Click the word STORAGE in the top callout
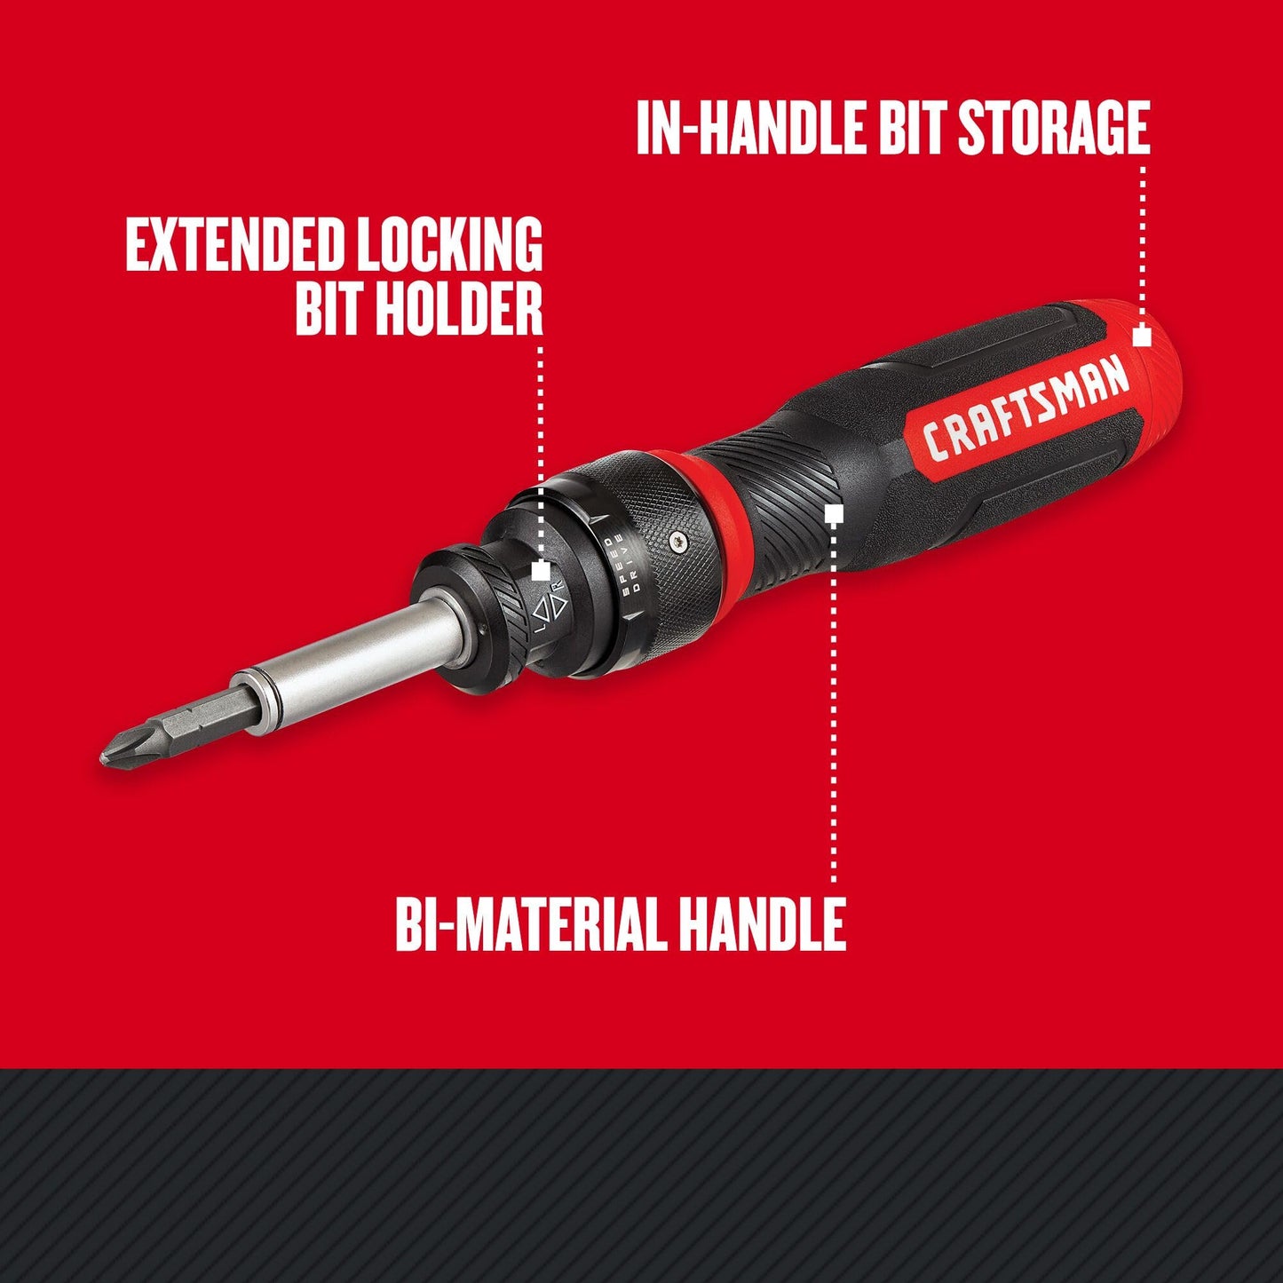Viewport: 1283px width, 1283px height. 1053,129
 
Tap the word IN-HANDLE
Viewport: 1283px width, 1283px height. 751,129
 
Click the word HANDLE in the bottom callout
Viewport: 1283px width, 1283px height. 762,924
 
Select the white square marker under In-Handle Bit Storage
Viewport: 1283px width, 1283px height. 1142,337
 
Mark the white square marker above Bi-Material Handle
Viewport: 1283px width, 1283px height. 833,514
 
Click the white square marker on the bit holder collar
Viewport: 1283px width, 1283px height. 541,571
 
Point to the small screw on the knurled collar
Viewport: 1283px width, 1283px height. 679,538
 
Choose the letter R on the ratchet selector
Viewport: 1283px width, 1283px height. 558,587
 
